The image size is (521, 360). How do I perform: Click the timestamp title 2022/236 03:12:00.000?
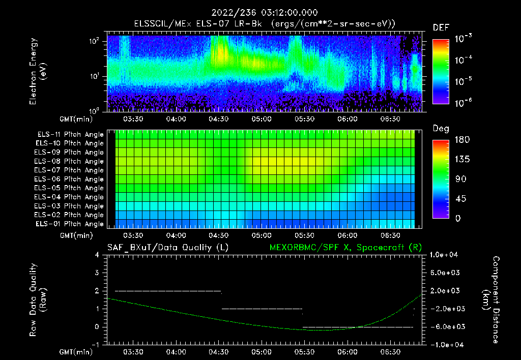click(x=260, y=12)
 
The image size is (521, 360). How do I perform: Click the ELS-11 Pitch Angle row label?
click(x=70, y=135)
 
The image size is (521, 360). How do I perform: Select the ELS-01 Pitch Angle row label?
click(x=70, y=224)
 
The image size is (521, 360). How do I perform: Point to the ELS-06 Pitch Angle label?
click(x=70, y=179)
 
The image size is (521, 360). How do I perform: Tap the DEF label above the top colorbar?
click(x=441, y=28)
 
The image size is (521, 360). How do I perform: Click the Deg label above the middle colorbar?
click(x=441, y=129)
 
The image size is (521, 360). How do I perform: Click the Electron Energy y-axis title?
click(x=38, y=71)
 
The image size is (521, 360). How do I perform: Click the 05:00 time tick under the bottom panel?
click(x=261, y=352)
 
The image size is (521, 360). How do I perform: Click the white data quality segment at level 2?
click(x=168, y=291)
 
